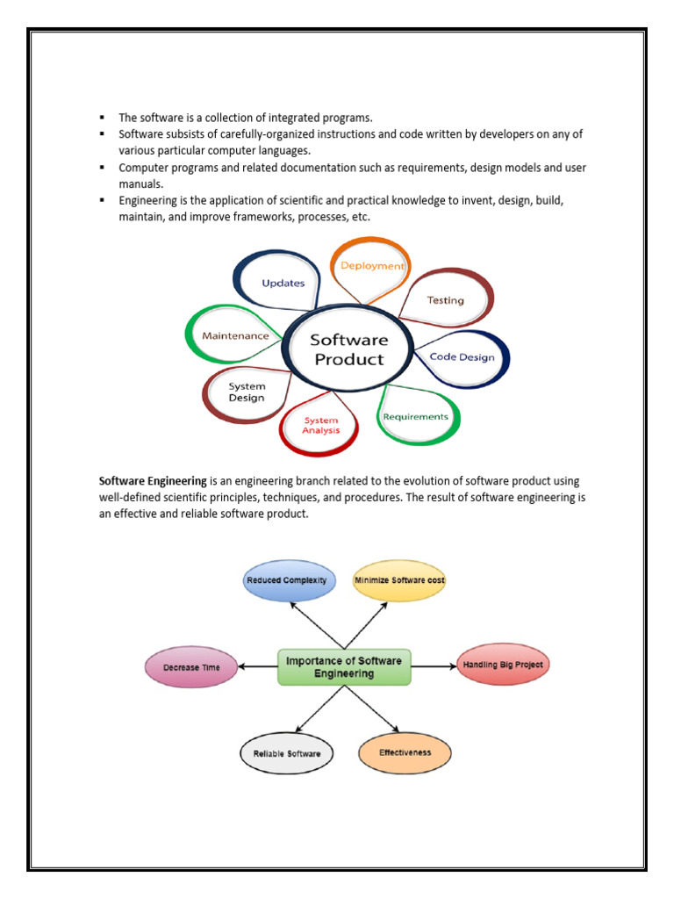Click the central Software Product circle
point(348,349)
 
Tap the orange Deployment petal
point(371,266)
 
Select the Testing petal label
point(445,300)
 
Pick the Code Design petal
point(462,357)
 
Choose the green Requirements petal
point(415,417)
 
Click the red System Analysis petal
point(320,426)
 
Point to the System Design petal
point(247,392)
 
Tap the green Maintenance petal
point(235,335)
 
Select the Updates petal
point(283,283)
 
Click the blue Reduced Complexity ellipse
point(287,580)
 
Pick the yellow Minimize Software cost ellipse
point(398,580)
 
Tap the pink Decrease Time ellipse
point(191,667)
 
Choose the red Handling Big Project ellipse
point(503,665)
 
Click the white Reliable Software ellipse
point(287,753)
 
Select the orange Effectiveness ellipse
point(404,752)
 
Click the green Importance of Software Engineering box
point(344,667)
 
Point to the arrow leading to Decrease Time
point(257,667)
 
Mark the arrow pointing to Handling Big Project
point(433,666)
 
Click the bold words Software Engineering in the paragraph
point(152,481)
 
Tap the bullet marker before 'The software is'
point(102,117)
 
